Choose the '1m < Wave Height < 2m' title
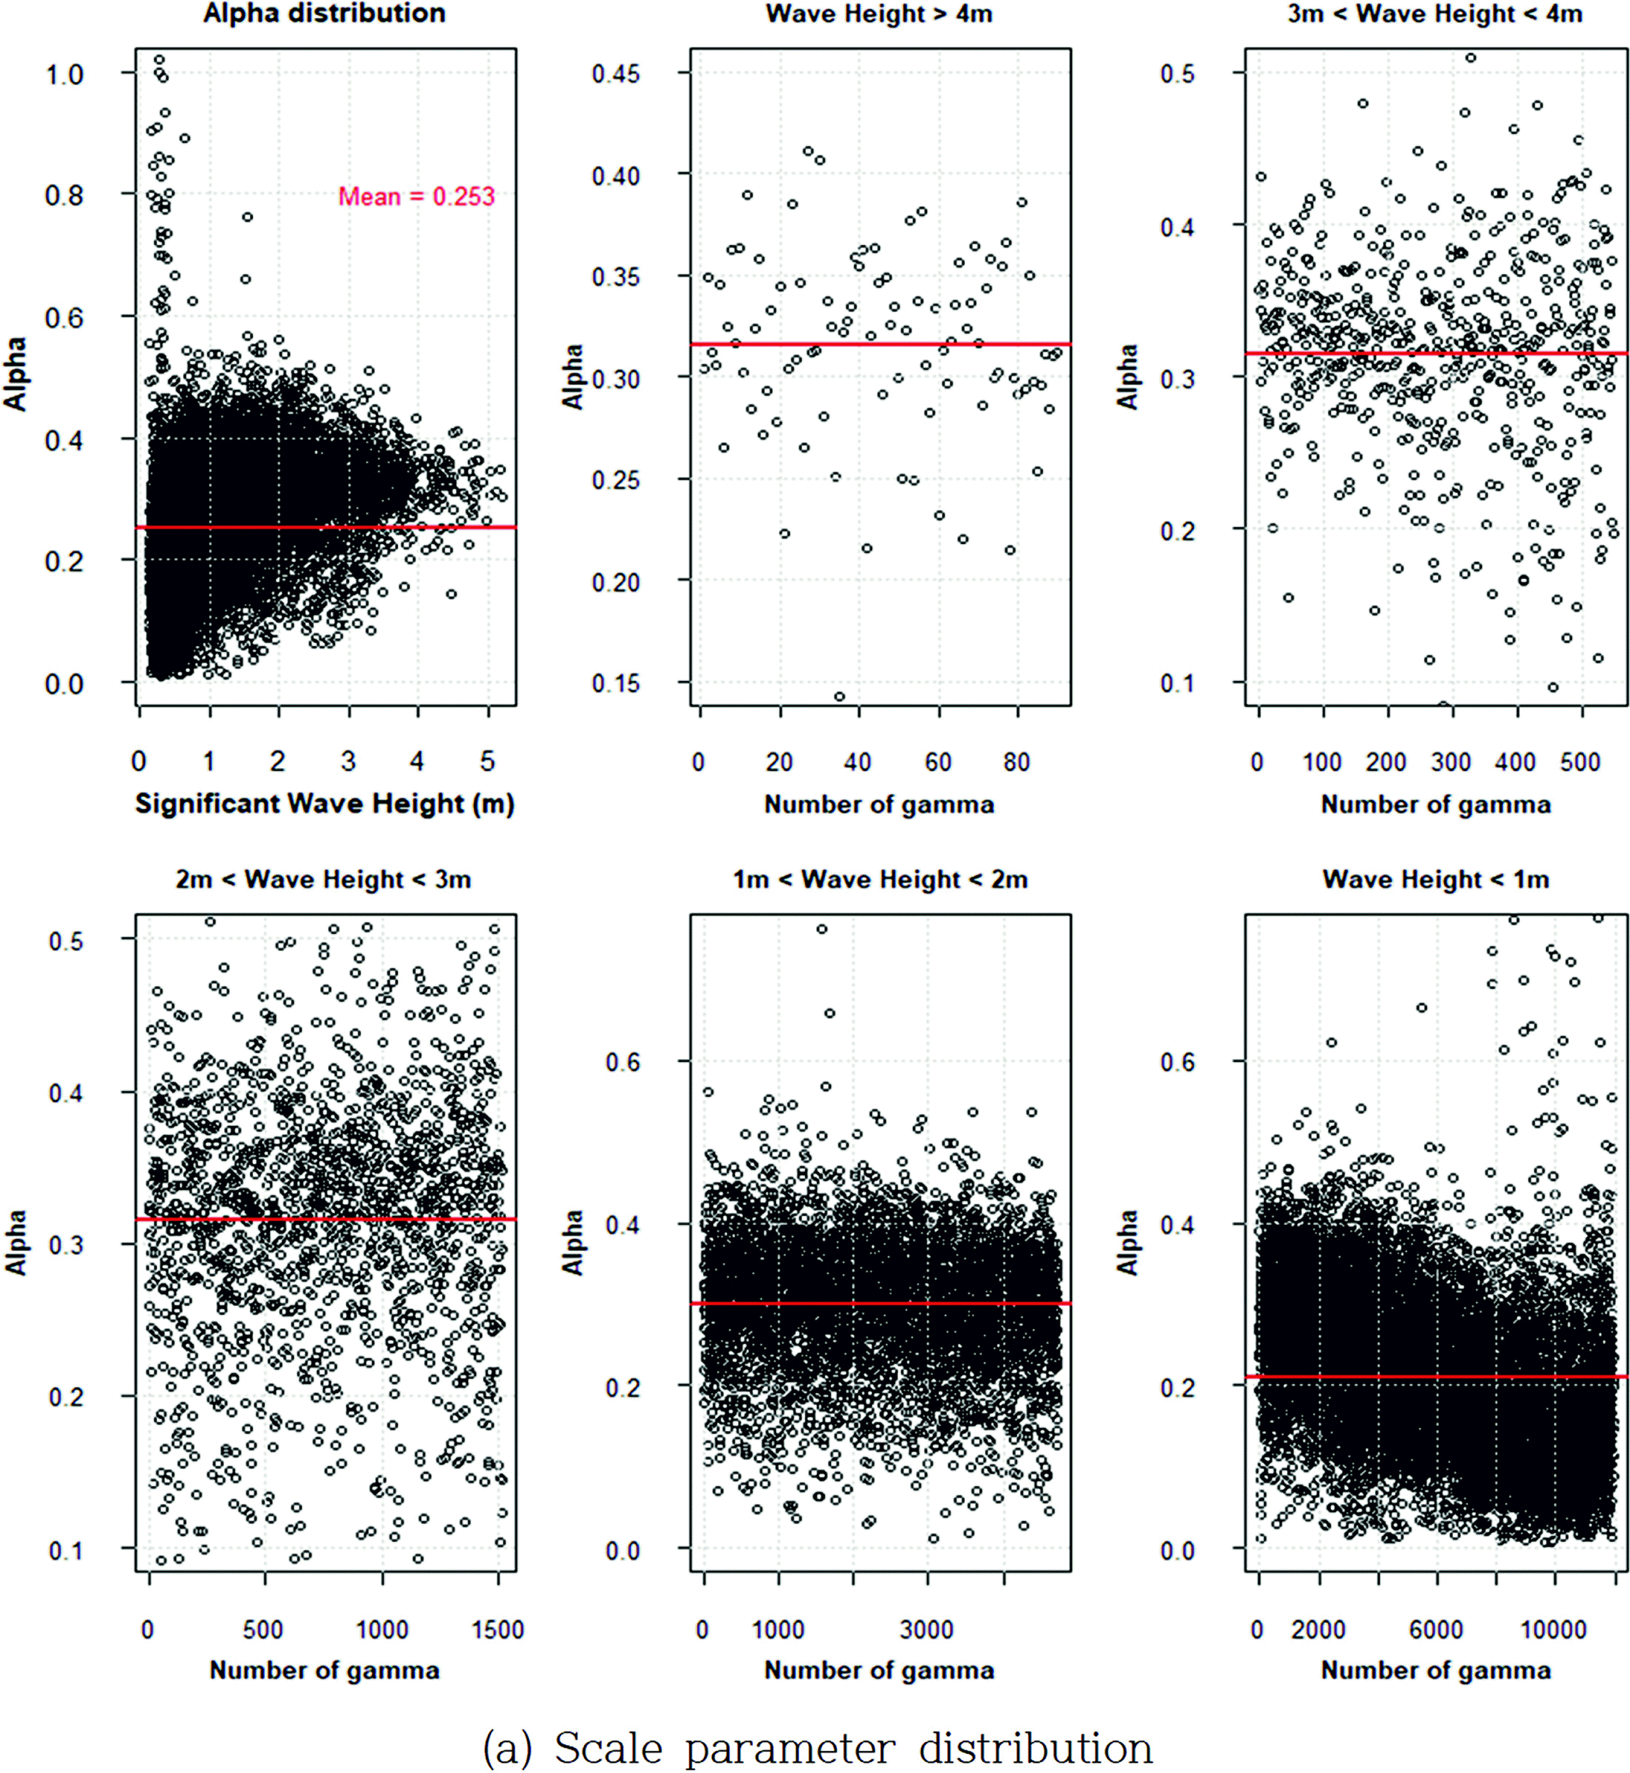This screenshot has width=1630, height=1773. [880, 880]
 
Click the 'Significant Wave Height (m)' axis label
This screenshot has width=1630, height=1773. [325, 804]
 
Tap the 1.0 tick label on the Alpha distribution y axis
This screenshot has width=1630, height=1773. [64, 75]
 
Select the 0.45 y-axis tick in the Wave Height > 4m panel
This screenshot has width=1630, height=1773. [616, 73]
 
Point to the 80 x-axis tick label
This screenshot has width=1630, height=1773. [1017, 762]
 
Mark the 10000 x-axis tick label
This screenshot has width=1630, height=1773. [1553, 1629]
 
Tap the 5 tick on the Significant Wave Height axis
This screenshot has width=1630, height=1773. [488, 761]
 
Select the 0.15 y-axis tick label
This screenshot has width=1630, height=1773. [616, 684]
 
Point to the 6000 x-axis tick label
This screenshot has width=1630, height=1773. [1436, 1629]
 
